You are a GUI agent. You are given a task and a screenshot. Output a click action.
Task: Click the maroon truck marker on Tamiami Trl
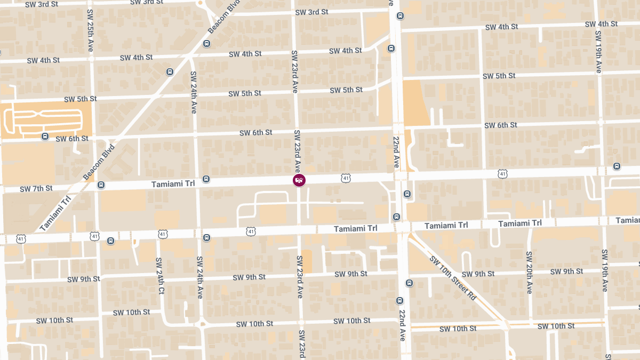[x=299, y=180]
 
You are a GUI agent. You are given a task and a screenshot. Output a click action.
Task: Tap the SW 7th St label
[x=36, y=188]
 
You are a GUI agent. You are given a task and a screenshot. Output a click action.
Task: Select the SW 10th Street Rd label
[x=452, y=277]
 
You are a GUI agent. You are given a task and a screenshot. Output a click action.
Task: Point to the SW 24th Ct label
[x=159, y=276]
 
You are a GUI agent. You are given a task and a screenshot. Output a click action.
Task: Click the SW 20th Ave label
[x=529, y=272]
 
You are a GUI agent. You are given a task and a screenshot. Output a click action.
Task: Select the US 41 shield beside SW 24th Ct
[x=163, y=234]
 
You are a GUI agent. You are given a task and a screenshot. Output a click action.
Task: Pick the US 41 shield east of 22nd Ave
[x=502, y=173]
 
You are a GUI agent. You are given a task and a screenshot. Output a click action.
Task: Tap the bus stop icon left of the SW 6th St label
[x=45, y=137]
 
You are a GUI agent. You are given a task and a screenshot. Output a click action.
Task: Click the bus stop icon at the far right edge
[x=617, y=166]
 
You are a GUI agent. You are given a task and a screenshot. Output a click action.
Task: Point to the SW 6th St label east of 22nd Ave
[x=500, y=125]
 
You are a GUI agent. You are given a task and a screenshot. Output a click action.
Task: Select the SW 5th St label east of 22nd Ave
[x=499, y=76]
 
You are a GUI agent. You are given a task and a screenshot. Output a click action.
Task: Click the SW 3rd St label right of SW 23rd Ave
[x=311, y=12]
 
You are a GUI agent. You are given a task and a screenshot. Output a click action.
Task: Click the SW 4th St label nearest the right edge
[x=601, y=24]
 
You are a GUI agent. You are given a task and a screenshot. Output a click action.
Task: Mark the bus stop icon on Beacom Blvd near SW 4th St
[x=170, y=71]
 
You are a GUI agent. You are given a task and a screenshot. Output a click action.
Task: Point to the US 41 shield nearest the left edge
[x=21, y=238]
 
